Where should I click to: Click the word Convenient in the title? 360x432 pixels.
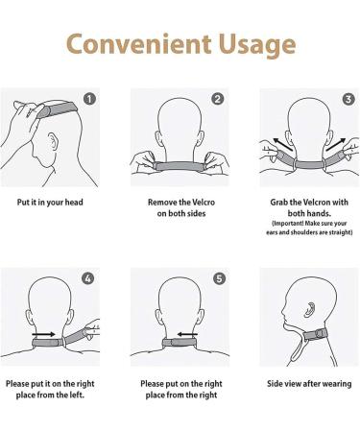point(128,44)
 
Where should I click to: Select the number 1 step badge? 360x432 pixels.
point(89,99)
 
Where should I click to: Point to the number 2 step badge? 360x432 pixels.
point(218,99)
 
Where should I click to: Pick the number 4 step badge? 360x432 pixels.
point(89,278)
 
